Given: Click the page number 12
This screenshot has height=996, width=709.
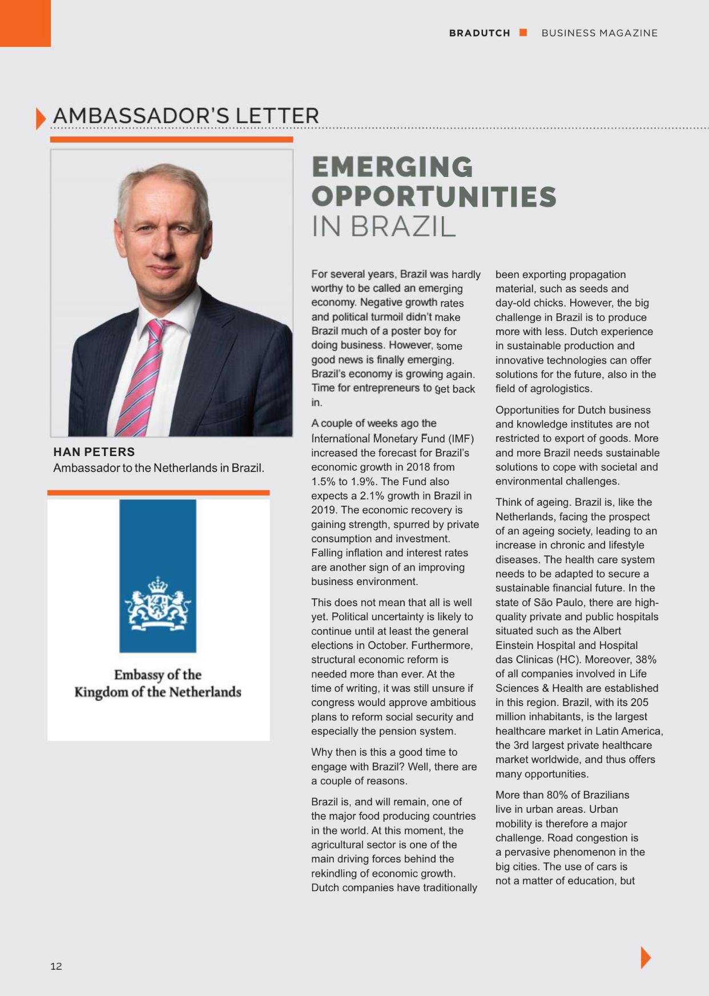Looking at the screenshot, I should (56, 966).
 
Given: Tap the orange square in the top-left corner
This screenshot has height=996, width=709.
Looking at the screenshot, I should (25, 23).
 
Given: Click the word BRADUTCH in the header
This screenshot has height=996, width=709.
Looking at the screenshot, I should (480, 33).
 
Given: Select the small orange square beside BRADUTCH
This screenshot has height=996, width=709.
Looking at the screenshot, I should (523, 33).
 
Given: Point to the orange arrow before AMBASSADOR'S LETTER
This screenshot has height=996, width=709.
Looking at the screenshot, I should (41, 118).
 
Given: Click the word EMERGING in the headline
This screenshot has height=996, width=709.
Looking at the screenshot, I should (392, 167).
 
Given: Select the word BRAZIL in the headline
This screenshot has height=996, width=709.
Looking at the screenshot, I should (403, 227).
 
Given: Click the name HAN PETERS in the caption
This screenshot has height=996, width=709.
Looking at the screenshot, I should (94, 452).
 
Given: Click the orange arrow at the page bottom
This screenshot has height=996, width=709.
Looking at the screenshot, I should (646, 957).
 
